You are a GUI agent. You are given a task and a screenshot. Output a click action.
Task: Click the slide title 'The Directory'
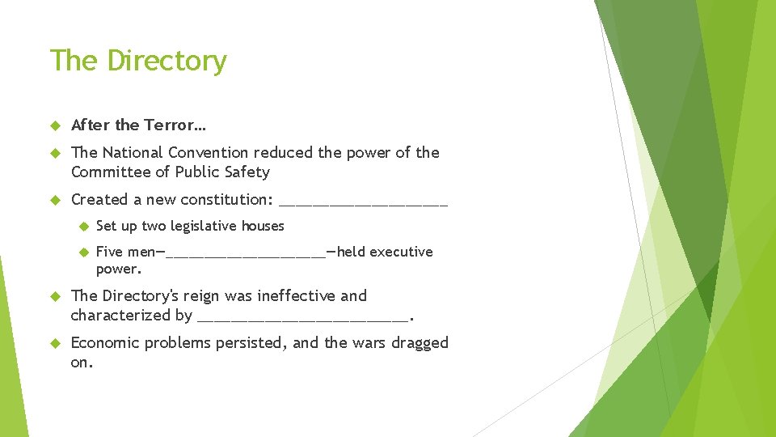pyautogui.click(x=138, y=61)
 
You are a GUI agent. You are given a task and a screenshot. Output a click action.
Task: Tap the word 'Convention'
pyautogui.click(x=209, y=152)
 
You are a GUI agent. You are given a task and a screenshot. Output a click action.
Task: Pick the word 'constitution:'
pyautogui.click(x=227, y=199)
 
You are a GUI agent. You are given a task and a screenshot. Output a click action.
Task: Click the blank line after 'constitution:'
pyautogui.click(x=363, y=202)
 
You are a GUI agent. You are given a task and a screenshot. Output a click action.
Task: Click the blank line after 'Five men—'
pyautogui.click(x=244, y=254)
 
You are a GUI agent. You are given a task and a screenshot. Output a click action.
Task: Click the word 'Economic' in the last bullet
pyautogui.click(x=106, y=342)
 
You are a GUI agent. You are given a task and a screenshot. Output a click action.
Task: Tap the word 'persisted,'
pyautogui.click(x=245, y=342)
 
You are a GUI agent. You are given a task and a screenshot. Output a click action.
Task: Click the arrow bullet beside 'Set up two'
pyautogui.click(x=82, y=227)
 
